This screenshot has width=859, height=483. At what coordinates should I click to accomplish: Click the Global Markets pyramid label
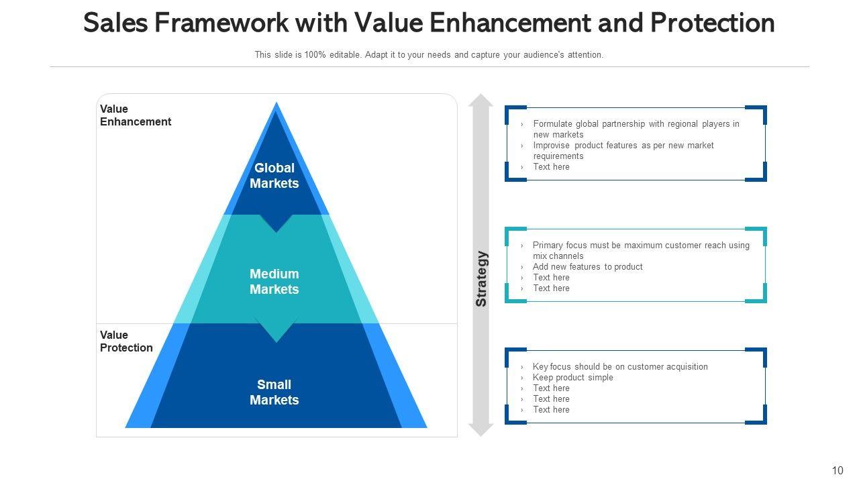[274, 176]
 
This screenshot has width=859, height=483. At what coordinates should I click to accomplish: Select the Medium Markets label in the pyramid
[274, 282]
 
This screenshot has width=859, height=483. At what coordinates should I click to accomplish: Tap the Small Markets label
[274, 392]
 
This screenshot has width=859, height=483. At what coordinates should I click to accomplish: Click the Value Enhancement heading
[135, 115]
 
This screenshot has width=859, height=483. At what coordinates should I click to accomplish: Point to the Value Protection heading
[126, 341]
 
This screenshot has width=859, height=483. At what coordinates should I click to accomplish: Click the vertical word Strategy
[481, 278]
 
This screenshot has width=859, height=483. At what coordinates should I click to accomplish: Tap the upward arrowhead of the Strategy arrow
[481, 101]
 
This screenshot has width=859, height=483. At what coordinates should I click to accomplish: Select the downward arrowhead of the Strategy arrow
[481, 429]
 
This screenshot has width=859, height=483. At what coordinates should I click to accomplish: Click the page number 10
[837, 470]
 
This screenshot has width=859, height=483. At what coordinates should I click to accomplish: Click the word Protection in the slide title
[712, 23]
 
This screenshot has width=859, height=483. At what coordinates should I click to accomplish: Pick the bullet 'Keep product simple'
[572, 378]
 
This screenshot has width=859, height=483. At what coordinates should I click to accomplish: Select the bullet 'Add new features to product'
[587, 267]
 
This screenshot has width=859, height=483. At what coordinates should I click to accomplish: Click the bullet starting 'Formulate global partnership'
[636, 129]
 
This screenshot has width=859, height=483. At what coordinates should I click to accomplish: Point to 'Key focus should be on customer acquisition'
[619, 367]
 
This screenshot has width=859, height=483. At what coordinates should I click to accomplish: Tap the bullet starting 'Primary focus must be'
[640, 250]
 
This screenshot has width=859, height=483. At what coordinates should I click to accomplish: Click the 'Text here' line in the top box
[551, 167]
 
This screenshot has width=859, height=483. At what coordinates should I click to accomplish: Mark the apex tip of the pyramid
[276, 104]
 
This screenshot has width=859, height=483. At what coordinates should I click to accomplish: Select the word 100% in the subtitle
[315, 55]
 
